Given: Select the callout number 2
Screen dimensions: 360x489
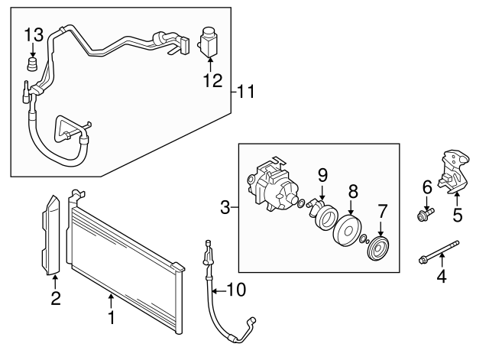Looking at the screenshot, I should (x=55, y=299).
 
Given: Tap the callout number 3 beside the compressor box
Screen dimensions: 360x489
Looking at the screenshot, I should (x=225, y=206).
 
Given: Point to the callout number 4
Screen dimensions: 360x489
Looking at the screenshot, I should (x=440, y=276).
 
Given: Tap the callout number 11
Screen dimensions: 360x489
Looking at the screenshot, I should (x=246, y=92).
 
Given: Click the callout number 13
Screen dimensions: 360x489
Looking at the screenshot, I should (x=34, y=34).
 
